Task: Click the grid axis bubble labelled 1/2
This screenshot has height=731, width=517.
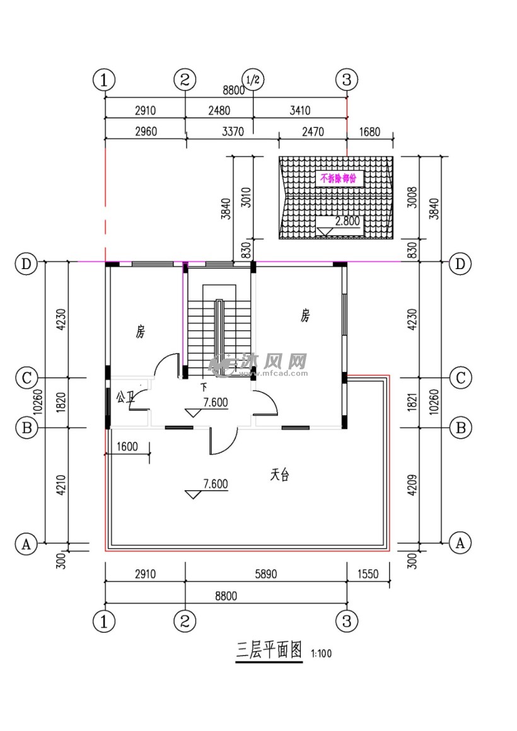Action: click(x=253, y=80)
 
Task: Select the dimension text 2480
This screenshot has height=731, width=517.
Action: click(x=219, y=111)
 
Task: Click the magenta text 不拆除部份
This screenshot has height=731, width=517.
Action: click(x=338, y=178)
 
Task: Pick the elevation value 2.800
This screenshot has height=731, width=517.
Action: click(x=347, y=221)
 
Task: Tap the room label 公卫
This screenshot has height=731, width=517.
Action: click(x=125, y=397)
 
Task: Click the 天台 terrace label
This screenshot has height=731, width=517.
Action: click(x=280, y=476)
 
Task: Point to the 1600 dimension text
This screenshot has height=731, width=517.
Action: click(x=127, y=447)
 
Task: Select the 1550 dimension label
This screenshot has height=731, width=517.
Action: click(x=369, y=574)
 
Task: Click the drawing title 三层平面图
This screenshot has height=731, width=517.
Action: click(x=269, y=651)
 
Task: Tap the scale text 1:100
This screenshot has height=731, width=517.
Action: click(x=321, y=654)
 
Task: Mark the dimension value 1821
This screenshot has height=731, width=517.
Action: click(x=412, y=403)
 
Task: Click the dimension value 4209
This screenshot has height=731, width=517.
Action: click(x=412, y=485)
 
